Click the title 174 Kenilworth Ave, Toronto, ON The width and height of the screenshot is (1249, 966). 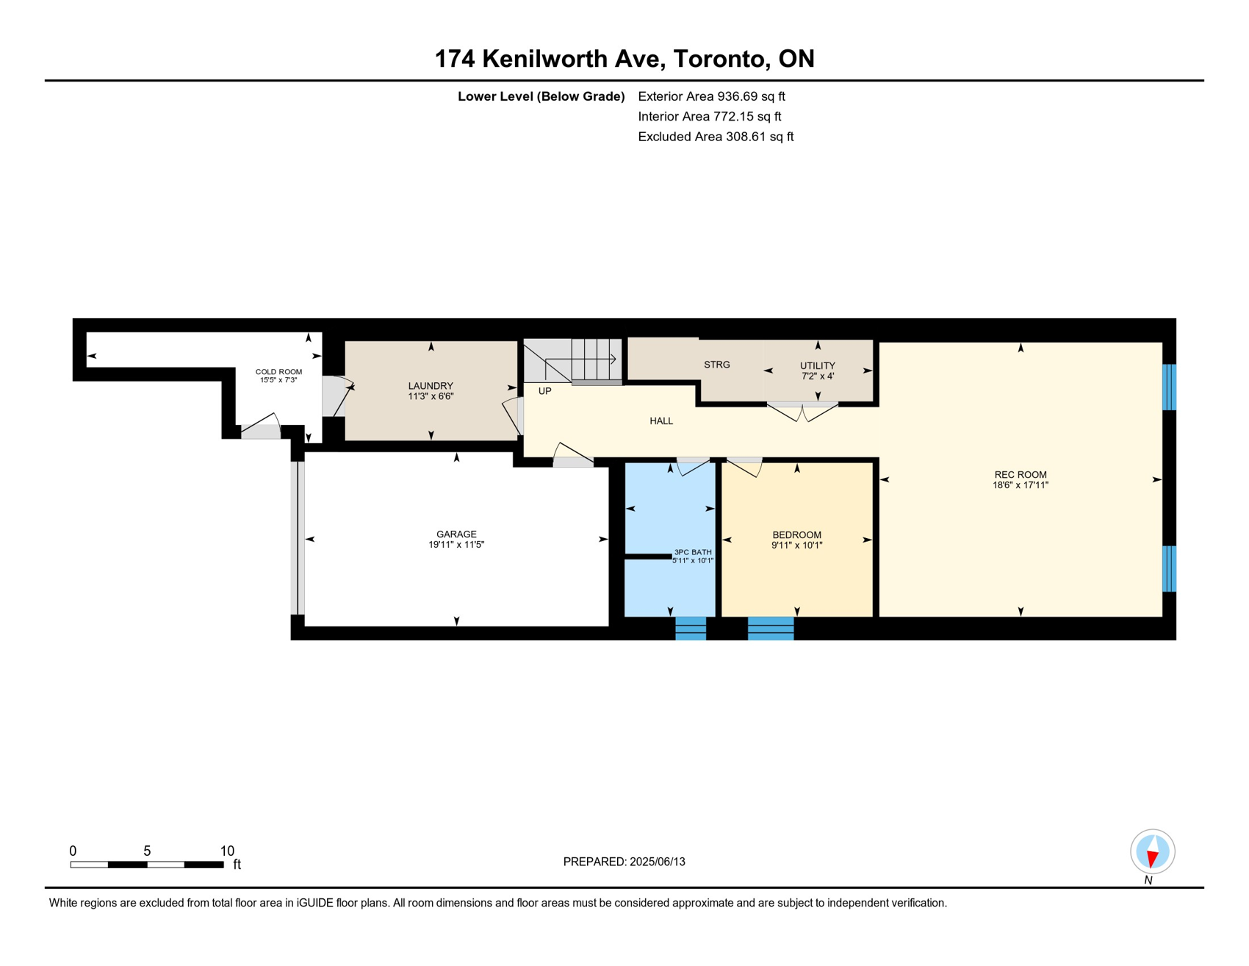[x=624, y=59]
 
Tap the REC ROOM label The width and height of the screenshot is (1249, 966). [x=1021, y=475]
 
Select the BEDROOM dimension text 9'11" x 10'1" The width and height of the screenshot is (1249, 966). [x=797, y=545]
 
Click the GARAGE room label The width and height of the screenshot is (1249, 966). [x=456, y=534]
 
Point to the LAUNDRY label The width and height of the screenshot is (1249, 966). [x=431, y=386]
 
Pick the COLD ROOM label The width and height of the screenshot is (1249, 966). [x=278, y=372]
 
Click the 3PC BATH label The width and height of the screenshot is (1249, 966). [x=693, y=552]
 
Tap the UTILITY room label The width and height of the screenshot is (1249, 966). [x=818, y=365]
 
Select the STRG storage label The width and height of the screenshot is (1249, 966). [x=717, y=365]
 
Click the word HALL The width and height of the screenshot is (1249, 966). [x=661, y=421]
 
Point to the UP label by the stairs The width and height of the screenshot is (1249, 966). [x=544, y=391]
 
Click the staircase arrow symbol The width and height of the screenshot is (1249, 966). [x=580, y=359]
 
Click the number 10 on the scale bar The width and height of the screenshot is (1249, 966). [x=227, y=851]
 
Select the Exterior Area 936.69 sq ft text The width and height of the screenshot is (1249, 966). [x=711, y=96]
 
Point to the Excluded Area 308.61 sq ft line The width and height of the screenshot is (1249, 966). [x=716, y=137]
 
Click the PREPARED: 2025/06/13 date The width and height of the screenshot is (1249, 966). [x=624, y=862]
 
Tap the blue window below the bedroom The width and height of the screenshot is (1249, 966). [x=771, y=629]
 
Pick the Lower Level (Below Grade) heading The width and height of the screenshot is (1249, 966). [x=541, y=96]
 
